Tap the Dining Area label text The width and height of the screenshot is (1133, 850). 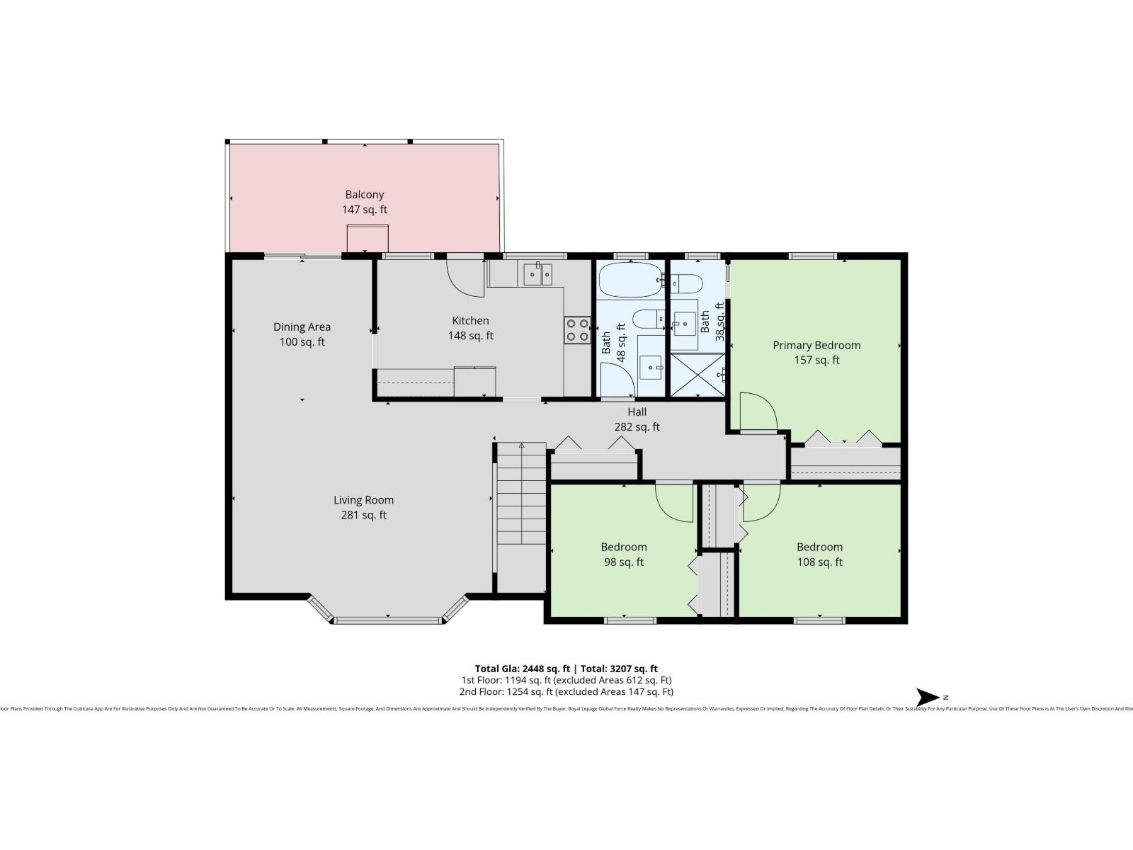302,327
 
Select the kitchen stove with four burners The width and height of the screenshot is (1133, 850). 577,329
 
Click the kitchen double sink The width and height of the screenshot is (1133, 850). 537,273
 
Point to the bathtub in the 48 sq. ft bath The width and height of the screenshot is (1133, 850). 630,280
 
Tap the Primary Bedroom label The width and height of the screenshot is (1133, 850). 816,345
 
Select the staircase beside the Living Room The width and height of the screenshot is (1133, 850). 520,496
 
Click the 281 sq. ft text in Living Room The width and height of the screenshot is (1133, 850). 363,516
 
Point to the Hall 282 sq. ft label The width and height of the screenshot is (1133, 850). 637,419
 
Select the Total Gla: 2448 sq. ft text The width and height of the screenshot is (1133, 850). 522,668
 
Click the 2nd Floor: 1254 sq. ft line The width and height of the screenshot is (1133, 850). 566,692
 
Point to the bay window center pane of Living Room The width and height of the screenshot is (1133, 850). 387,620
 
